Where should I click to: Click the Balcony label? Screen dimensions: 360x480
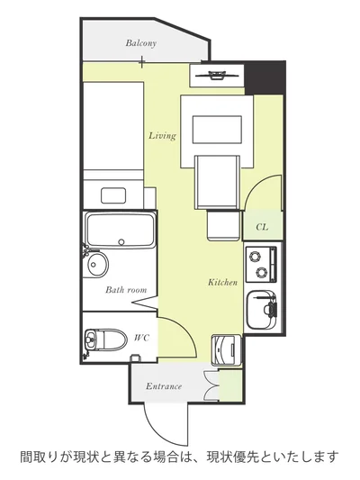[141, 43]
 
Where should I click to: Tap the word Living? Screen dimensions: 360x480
[162, 136]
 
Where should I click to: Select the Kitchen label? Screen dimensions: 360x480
[222, 282]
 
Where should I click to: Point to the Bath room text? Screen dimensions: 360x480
[126, 290]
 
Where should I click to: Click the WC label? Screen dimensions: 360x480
[142, 338]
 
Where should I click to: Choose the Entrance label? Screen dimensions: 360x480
[164, 386]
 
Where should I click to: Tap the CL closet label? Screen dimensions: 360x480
[262, 227]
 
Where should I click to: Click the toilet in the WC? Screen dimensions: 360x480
[105, 340]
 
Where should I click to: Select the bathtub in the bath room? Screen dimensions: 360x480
[121, 230]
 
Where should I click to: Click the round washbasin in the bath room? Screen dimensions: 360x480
[97, 264]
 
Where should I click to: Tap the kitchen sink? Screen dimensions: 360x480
[262, 310]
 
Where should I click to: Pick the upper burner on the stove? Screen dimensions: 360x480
[255, 256]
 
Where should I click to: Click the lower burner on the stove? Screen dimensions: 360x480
[262, 272]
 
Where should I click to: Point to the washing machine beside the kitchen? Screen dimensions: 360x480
[226, 349]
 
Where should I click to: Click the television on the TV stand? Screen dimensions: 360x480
[217, 76]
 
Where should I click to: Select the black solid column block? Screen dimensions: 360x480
[265, 77]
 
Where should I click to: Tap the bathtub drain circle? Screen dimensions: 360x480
[121, 242]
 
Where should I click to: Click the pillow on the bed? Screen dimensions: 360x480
[113, 195]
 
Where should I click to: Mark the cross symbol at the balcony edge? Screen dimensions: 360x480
[141, 62]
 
